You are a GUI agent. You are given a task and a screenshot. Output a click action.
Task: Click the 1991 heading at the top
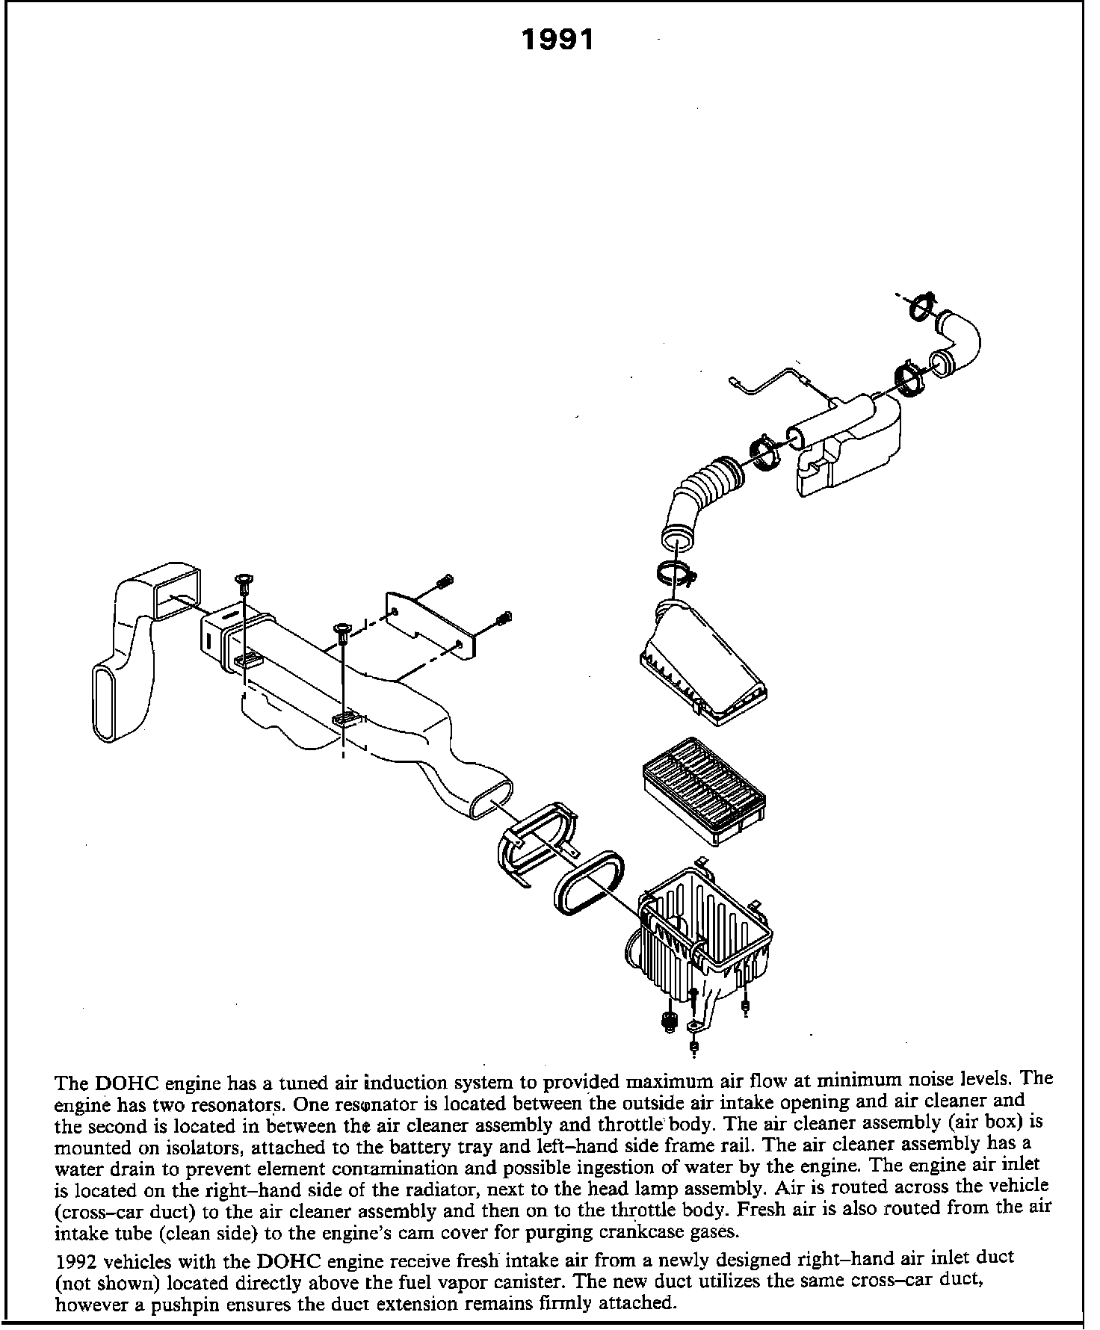tap(557, 40)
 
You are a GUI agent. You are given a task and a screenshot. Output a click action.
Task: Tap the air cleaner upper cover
tap(702, 665)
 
